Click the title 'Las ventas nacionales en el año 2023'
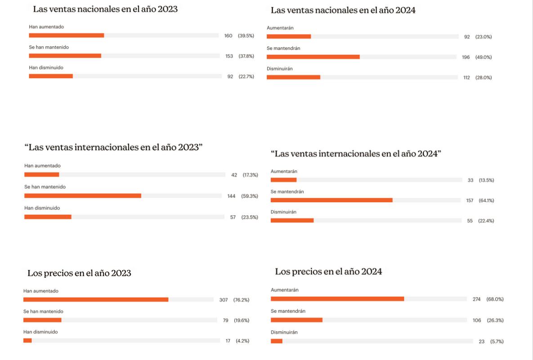[x=105, y=9]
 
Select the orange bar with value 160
[x=66, y=36]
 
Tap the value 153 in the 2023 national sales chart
[x=229, y=56]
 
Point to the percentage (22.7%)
[x=246, y=76]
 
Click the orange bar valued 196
[x=313, y=57]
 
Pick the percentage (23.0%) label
[x=484, y=37]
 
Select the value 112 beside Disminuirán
[x=466, y=78]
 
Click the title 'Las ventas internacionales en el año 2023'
[x=113, y=147]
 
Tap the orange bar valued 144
[x=83, y=196]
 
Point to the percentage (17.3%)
[x=250, y=175]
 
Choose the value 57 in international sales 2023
[x=233, y=217]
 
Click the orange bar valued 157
[x=331, y=200]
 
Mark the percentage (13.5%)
[x=486, y=180]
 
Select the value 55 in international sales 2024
[x=470, y=221]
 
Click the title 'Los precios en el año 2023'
[x=79, y=273]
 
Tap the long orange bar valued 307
[x=96, y=300]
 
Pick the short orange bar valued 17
[x=27, y=341]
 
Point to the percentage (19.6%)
[x=241, y=320]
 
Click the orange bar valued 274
[x=337, y=299]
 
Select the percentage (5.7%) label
[x=497, y=342]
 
